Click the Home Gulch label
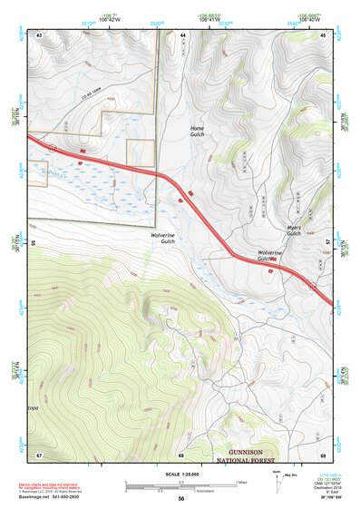(x=197, y=132)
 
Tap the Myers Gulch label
(x=293, y=230)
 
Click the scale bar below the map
(x=180, y=486)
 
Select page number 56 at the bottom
(x=181, y=499)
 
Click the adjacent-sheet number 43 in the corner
(x=40, y=34)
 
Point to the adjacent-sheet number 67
(x=40, y=454)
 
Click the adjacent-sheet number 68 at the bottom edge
(x=181, y=454)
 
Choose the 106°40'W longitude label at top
(x=311, y=18)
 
